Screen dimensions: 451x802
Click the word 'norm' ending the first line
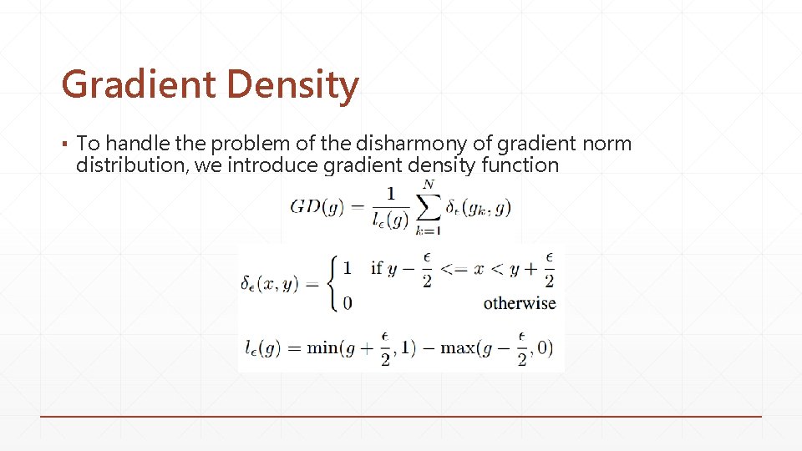(x=607, y=144)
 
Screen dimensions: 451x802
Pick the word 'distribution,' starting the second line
(x=132, y=165)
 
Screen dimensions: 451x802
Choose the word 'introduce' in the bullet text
(x=272, y=165)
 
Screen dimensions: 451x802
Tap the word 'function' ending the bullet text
(x=520, y=165)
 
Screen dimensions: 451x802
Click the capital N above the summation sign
(x=429, y=185)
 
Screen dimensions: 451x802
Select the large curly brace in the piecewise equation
(x=332, y=284)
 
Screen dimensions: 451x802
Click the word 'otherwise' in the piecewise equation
(x=519, y=303)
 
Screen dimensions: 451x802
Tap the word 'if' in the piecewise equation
(x=376, y=268)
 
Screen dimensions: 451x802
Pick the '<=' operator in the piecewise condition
(x=456, y=268)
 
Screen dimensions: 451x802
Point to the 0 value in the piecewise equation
(x=348, y=303)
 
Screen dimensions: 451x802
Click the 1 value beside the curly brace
(x=348, y=268)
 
